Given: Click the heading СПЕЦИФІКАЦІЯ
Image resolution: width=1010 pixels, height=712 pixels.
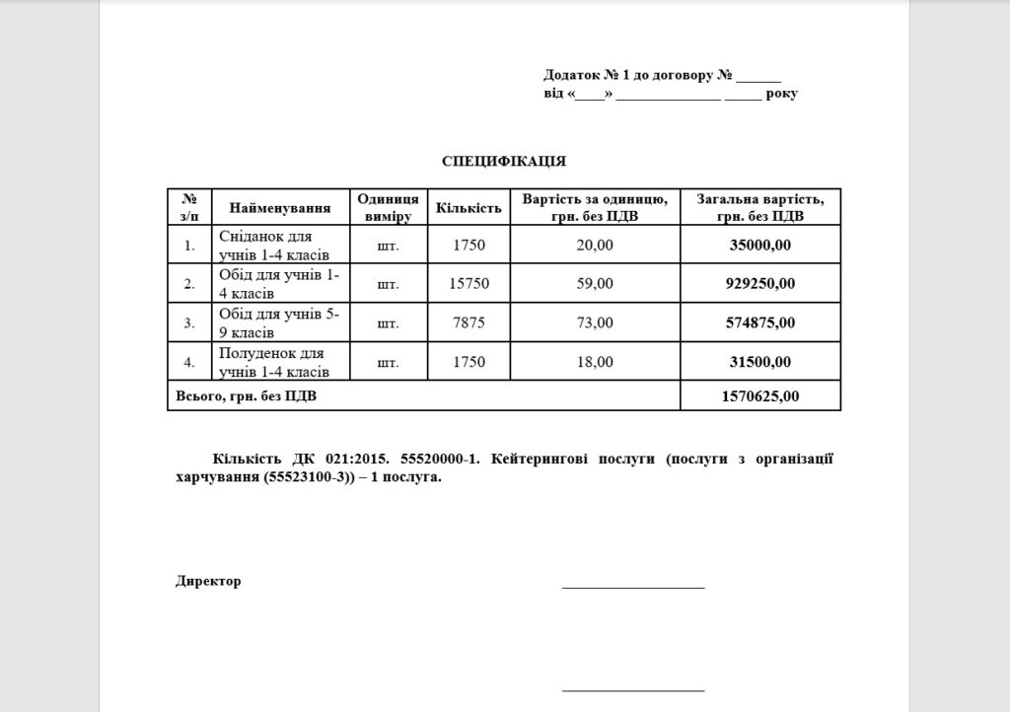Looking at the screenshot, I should point(503,160).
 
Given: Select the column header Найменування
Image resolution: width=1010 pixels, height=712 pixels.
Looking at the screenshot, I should point(279,208).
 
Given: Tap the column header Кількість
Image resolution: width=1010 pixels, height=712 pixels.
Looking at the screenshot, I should point(469,208).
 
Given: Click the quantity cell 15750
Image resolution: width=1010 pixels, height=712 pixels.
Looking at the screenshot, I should point(469,284).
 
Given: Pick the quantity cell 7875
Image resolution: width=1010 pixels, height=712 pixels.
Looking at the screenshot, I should point(469,322).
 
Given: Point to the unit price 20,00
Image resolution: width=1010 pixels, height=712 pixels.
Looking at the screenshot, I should point(594,245).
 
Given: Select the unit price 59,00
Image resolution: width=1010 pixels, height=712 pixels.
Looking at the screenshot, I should point(594,284).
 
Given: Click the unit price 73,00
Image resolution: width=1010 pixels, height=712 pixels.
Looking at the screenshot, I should point(594,322).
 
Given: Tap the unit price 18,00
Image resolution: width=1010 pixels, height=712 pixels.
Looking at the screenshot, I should point(594,362).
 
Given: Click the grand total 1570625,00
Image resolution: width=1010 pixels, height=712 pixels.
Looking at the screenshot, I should point(760,396).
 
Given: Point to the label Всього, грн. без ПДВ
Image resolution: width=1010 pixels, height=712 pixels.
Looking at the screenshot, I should point(248,396).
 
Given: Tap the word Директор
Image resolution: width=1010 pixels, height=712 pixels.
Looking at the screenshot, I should point(208,581).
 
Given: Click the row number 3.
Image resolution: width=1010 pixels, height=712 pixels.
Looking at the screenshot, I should point(189,322).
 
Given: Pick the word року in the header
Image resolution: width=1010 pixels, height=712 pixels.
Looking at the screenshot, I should point(781,94).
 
